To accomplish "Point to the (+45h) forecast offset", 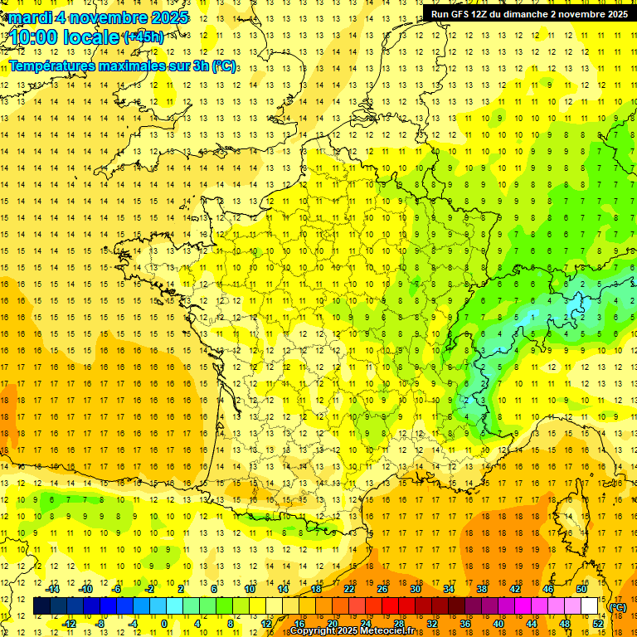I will [x=143, y=36].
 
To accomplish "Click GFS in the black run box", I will [x=463, y=13].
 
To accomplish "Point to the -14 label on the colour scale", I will [x=52, y=589].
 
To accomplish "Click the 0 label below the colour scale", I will [x=165, y=623].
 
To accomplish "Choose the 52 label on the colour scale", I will [x=598, y=623].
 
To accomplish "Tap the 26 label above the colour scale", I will [x=382, y=589].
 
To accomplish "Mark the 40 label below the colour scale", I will [x=498, y=623].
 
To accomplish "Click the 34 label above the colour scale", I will [x=448, y=589].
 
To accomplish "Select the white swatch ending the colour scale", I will [x=590, y=606].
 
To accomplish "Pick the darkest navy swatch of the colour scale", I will [x=42, y=606].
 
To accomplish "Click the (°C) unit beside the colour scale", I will [x=617, y=606].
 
